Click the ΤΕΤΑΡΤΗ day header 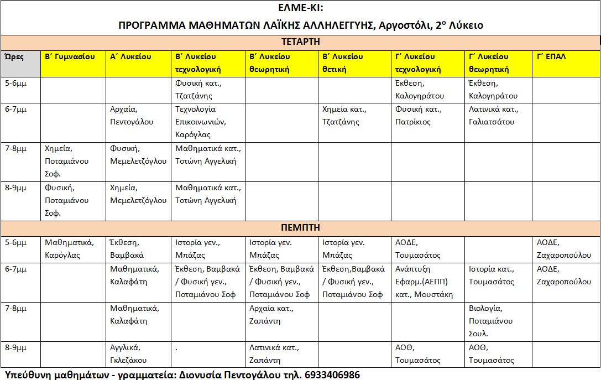pos(300,41)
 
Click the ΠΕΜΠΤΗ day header pos(300,227)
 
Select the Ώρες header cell pos(20,63)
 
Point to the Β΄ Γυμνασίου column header pos(73,57)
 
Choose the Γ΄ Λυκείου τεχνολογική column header pos(428,63)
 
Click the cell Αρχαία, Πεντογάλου pos(138,116)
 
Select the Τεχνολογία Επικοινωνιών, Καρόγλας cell pos(208,122)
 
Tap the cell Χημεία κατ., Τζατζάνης pos(355,116)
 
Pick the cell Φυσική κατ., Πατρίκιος pos(428,116)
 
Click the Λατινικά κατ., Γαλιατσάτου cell pos(498,116)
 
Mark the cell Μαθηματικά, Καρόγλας pos(73,248)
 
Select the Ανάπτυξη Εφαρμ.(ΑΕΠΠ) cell pos(428,282)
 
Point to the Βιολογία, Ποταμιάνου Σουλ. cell pos(498,321)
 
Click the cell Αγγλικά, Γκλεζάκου pos(138,353)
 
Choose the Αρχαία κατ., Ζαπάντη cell pos(281,314)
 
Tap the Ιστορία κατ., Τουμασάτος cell pos(498,275)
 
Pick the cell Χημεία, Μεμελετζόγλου pos(138,194)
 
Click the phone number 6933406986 pos(332,374)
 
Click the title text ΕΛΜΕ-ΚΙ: pos(300,8)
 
